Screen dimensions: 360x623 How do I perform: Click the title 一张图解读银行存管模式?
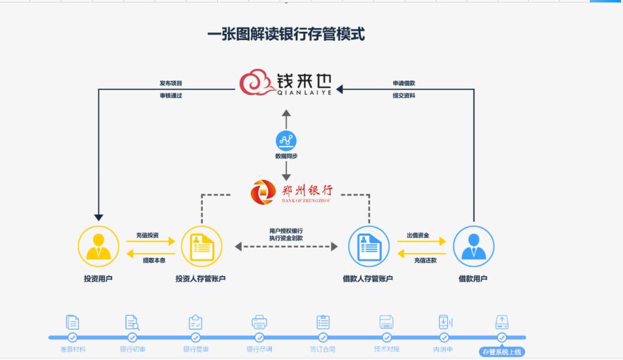286,33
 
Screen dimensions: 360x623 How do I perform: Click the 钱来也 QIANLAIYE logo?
286,84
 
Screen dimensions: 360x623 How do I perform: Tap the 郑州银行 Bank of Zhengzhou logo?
292,192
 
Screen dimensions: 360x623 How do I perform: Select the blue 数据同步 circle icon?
286,141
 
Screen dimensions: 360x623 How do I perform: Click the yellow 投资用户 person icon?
98,246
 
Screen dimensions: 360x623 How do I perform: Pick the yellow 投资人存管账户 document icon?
202,246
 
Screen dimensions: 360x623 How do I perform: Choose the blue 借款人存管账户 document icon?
368,246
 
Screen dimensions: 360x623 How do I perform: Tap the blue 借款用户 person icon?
473,246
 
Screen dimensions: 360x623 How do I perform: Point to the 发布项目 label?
170,83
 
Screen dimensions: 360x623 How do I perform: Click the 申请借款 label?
404,83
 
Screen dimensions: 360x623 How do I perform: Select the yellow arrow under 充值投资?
148,242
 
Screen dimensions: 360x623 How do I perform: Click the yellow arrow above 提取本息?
148,253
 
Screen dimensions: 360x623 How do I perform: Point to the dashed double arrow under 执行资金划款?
286,247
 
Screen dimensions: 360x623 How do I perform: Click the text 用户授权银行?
286,231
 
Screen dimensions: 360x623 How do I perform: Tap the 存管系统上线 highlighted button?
501,352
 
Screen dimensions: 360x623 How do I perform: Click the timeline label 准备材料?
72,349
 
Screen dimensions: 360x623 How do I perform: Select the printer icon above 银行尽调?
259,322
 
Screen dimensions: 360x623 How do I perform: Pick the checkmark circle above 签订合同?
323,337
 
